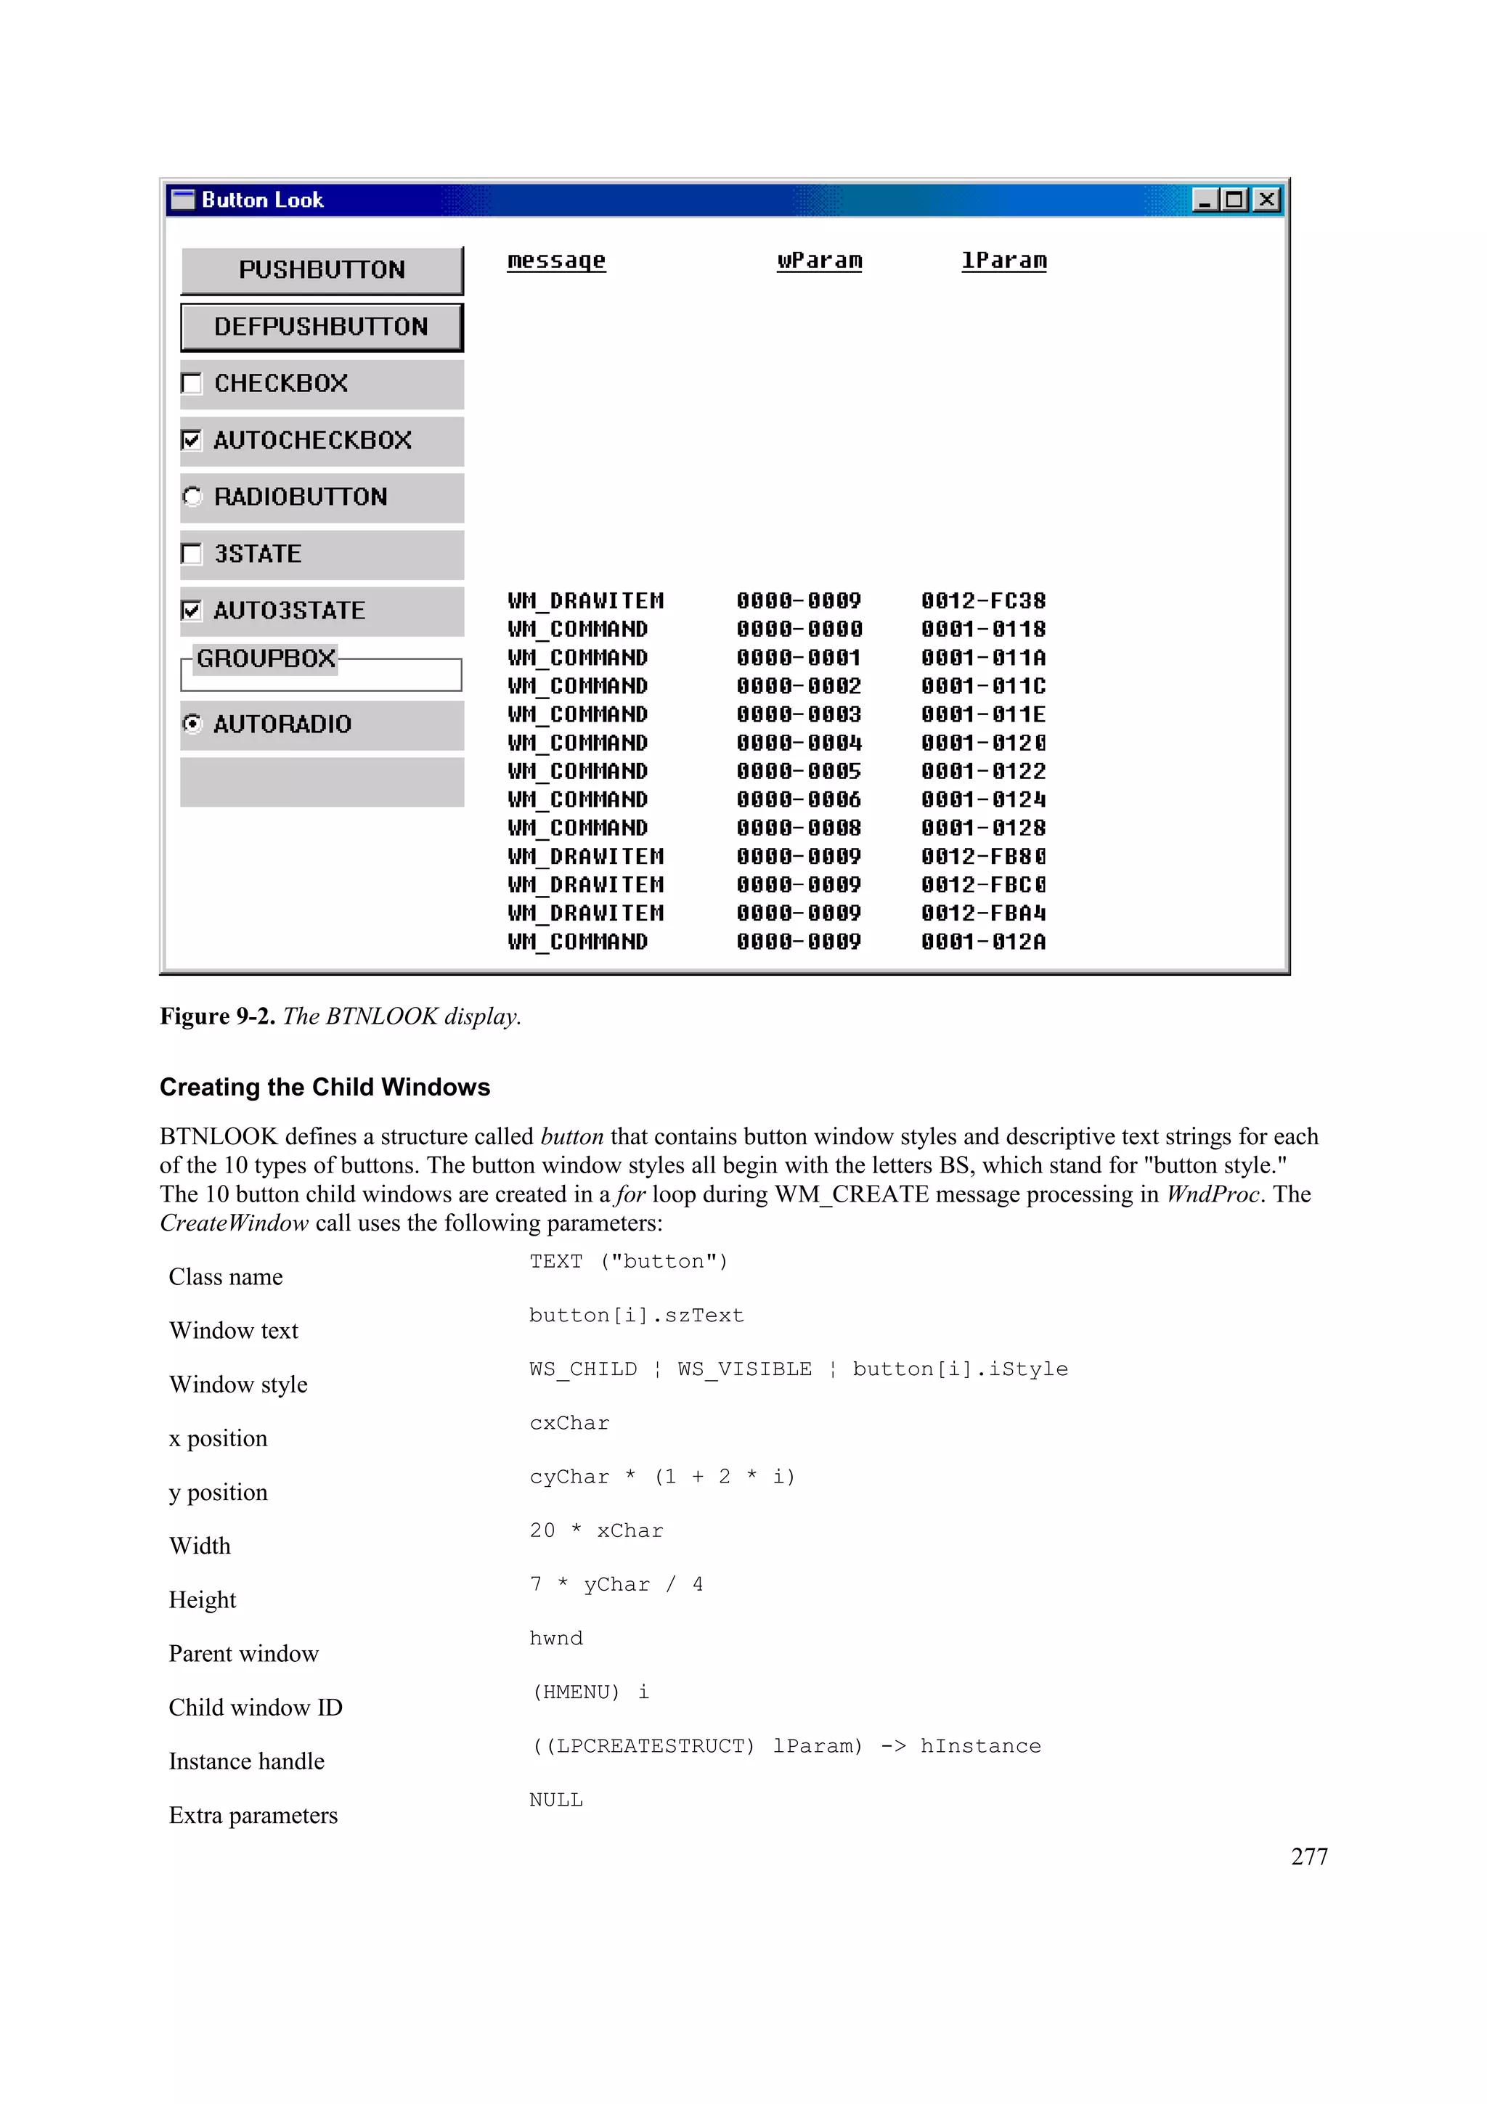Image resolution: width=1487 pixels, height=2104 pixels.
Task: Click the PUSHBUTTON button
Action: pyautogui.click(x=322, y=269)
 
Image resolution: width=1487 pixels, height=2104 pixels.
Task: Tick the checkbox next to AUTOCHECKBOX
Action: pyautogui.click(x=192, y=440)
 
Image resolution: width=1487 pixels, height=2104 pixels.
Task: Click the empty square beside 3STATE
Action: pyautogui.click(x=192, y=553)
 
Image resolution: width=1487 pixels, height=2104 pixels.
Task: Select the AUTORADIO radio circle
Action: pyautogui.click(x=192, y=724)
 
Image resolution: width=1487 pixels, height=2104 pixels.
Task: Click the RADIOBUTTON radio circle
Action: pyautogui.click(x=192, y=497)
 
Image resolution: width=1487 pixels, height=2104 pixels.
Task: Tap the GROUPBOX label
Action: pyautogui.click(x=266, y=658)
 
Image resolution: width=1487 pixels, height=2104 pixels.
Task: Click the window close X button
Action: pyautogui.click(x=1266, y=200)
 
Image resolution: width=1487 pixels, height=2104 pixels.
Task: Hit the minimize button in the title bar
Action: pyautogui.click(x=1205, y=200)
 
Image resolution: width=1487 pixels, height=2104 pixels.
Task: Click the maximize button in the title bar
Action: pyautogui.click(x=1235, y=200)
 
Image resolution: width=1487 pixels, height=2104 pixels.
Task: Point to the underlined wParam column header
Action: pyautogui.click(x=819, y=260)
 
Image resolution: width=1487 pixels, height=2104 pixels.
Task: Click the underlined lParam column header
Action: pyautogui.click(x=1003, y=260)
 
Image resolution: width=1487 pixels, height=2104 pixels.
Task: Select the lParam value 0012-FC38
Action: pyautogui.click(x=983, y=601)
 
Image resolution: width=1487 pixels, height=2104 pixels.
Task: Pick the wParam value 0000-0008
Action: pyautogui.click(x=798, y=828)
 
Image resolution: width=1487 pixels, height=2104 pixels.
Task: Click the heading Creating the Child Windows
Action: pyautogui.click(x=325, y=1087)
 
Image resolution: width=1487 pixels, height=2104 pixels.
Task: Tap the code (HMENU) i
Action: pyautogui.click(x=591, y=1692)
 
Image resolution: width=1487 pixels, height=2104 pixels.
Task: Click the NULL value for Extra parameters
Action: pyautogui.click(x=555, y=1800)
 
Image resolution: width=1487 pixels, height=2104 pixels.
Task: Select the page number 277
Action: pyautogui.click(x=1308, y=1856)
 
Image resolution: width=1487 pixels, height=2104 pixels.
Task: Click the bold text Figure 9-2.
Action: pyautogui.click(x=217, y=1016)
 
